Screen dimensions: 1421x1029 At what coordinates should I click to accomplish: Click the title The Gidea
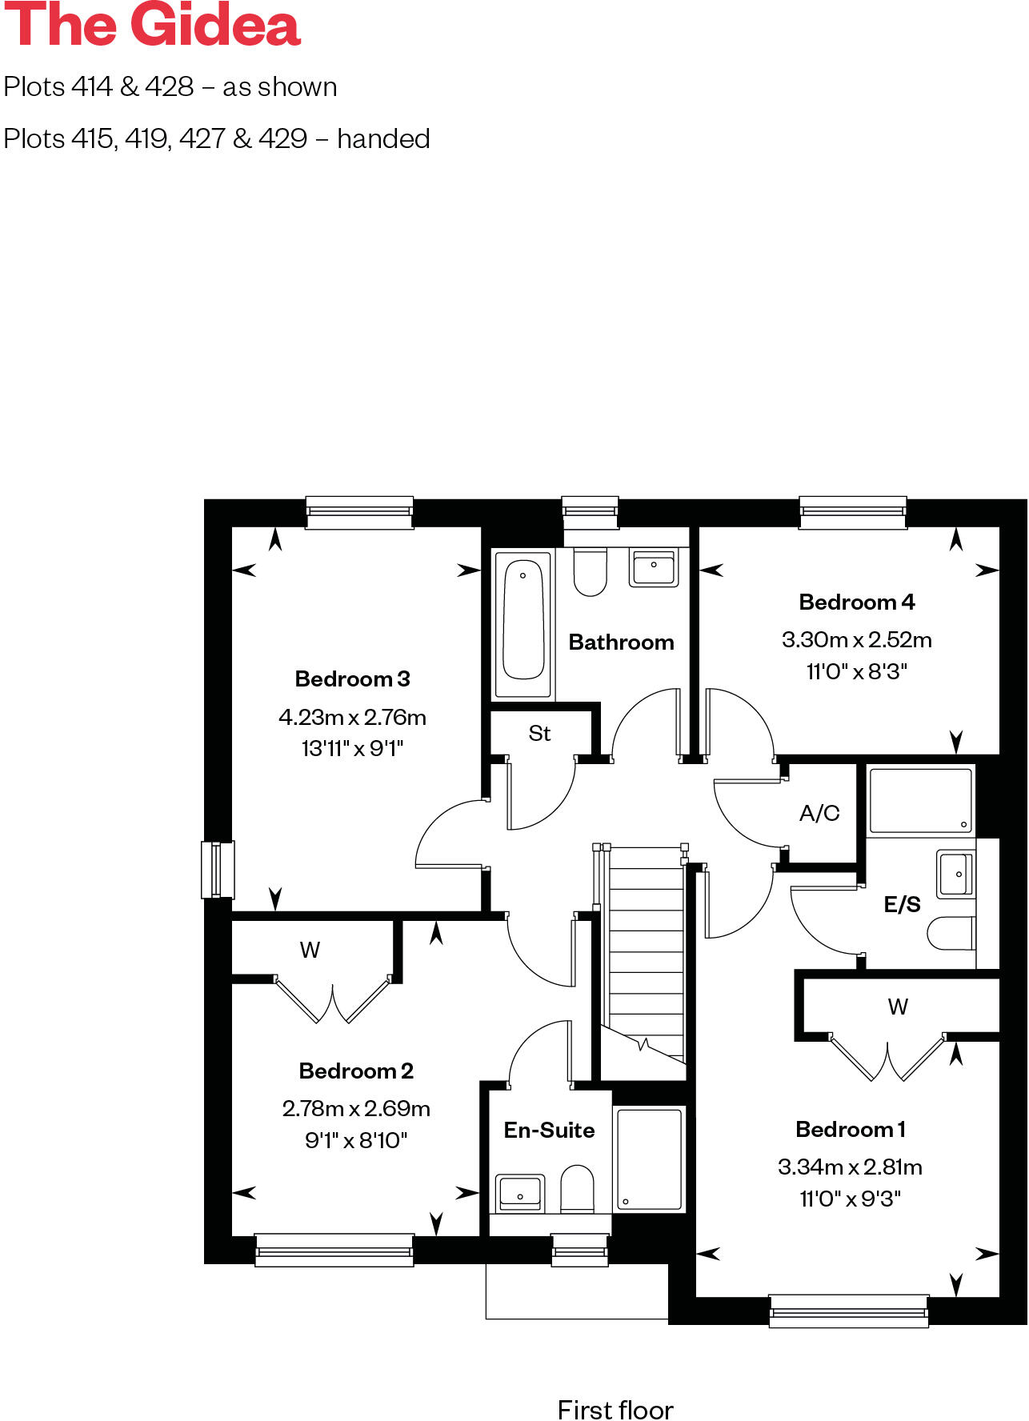(x=152, y=26)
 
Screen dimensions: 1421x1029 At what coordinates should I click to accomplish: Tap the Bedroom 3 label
(x=352, y=679)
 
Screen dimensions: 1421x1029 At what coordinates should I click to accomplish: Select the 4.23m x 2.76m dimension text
(x=352, y=717)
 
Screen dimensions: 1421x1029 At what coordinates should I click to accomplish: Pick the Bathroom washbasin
(x=653, y=567)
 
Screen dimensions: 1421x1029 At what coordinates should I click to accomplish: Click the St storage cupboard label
(x=539, y=734)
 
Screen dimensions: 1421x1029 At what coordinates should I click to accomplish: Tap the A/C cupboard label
(x=819, y=814)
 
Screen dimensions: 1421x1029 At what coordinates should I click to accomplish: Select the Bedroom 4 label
(x=856, y=602)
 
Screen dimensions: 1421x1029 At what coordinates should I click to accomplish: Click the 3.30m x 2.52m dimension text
(x=856, y=640)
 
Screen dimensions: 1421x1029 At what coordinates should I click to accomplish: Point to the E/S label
(x=902, y=905)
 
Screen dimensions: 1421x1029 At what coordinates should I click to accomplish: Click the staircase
(x=646, y=952)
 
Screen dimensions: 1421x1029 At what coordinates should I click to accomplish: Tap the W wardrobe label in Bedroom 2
(x=310, y=951)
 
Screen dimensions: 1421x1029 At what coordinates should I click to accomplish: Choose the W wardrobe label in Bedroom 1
(x=898, y=1007)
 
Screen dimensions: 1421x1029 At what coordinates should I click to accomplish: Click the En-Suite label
(x=549, y=1131)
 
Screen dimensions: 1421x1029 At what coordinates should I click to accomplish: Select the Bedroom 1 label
(x=850, y=1130)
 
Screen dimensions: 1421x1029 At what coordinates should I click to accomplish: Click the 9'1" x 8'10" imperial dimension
(x=356, y=1140)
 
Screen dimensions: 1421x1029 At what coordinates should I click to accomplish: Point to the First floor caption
(x=615, y=1410)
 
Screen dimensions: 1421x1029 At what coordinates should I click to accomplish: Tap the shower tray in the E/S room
(x=920, y=801)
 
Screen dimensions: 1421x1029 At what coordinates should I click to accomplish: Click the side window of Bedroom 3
(x=217, y=870)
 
